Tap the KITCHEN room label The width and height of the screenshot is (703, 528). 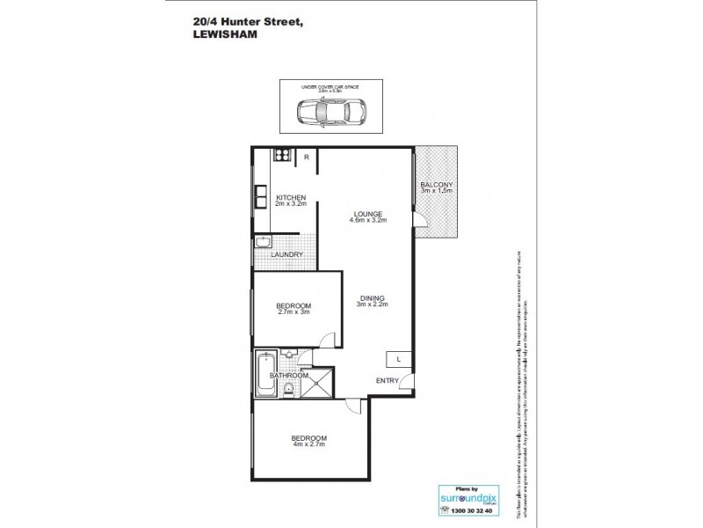click(290, 197)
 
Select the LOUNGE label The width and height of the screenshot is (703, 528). click(366, 214)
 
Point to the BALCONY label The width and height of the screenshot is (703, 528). click(437, 184)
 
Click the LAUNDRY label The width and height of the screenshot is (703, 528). click(286, 255)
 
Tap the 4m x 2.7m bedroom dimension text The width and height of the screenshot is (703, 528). click(308, 445)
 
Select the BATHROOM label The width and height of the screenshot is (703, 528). click(289, 376)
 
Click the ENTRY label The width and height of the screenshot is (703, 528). click(387, 380)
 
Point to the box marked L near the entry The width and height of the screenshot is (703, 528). click(398, 359)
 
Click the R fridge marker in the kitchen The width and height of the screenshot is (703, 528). click(306, 157)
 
